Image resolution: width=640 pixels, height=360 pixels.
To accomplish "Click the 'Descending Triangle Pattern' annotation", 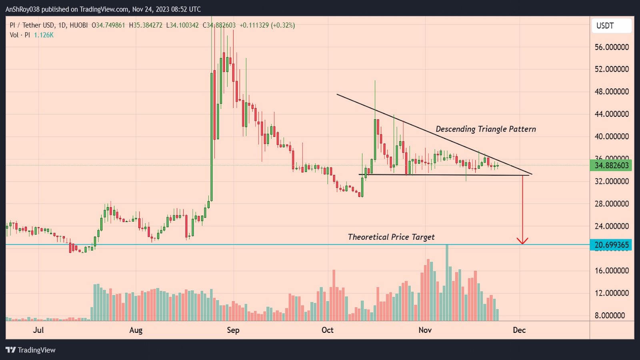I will pyautogui.click(x=486, y=129).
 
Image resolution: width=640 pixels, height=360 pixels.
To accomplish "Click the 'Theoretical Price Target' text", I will pyautogui.click(x=391, y=237).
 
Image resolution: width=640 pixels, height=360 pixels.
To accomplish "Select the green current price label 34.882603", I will pyautogui.click(x=611, y=165).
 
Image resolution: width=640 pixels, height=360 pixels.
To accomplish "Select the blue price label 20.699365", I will pyautogui.click(x=611, y=245).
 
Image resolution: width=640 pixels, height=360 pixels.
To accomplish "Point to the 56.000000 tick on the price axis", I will pyautogui.click(x=612, y=47).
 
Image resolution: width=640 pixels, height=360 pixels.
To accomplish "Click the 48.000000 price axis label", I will pyautogui.click(x=612, y=92).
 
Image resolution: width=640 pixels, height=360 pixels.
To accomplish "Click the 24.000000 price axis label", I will pyautogui.click(x=612, y=226).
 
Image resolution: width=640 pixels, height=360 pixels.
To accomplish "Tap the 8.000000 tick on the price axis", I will pyautogui.click(x=610, y=315).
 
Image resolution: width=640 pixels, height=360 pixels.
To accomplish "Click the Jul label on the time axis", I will pyautogui.click(x=38, y=330).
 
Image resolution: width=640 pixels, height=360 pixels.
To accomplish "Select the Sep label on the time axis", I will pyautogui.click(x=233, y=330).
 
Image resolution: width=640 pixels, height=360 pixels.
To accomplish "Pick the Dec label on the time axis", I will pyautogui.click(x=519, y=330).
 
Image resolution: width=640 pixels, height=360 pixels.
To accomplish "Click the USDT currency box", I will pyautogui.click(x=611, y=26).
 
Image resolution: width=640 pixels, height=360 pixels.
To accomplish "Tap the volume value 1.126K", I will pyautogui.click(x=44, y=35).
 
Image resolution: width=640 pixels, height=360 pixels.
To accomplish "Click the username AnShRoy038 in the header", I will pyautogui.click(x=22, y=9).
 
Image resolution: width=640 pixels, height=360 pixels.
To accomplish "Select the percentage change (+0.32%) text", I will pyautogui.click(x=283, y=25).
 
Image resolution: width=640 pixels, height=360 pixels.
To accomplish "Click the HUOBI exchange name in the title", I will pyautogui.click(x=78, y=25).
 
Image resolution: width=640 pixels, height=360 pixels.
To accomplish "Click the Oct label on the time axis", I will pyautogui.click(x=327, y=330).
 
